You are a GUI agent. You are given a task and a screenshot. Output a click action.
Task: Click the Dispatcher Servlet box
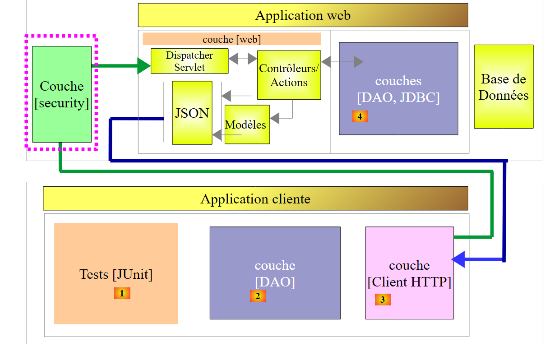[x=189, y=61]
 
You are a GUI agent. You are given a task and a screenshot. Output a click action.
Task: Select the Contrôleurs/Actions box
[x=289, y=75]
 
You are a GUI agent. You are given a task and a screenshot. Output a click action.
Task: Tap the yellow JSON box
[x=192, y=113]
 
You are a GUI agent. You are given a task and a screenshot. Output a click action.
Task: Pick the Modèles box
[x=247, y=125]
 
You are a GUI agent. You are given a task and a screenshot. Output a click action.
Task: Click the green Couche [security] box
[x=62, y=94]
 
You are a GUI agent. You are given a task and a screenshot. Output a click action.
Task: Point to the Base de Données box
[x=504, y=87]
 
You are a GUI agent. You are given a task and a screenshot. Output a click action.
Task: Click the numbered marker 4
[x=360, y=116]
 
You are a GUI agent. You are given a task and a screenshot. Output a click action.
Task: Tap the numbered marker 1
[x=122, y=293]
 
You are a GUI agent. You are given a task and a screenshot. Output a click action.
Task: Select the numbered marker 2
[x=258, y=296]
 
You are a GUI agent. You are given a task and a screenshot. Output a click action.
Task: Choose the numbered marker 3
[x=382, y=299]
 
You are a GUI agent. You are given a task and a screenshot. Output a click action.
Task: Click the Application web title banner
[x=303, y=15]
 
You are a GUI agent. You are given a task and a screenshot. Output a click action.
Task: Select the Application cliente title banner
[x=255, y=198]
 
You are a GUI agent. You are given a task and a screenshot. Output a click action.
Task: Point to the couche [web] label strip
[x=231, y=39]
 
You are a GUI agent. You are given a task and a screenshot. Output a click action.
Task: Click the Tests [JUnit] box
[x=116, y=273]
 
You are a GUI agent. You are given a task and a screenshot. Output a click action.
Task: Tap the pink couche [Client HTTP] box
[x=409, y=273]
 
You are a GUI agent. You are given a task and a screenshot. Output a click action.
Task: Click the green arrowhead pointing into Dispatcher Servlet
[x=144, y=66]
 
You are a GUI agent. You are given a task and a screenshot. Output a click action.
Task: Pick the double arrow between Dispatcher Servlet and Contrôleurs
[x=243, y=59]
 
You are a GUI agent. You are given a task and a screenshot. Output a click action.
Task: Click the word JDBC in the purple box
[x=420, y=97]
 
